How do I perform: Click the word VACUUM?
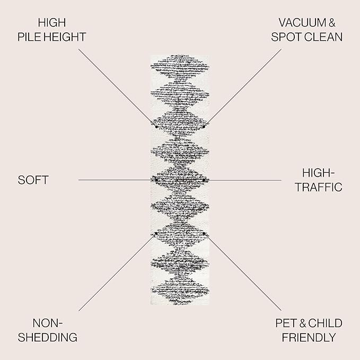pyautogui.click(x=302, y=23)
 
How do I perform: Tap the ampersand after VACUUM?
pyautogui.click(x=332, y=23)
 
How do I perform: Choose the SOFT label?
pyautogui.click(x=33, y=180)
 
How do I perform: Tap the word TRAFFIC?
pyautogui.click(x=319, y=187)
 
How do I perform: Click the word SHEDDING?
pyautogui.click(x=48, y=338)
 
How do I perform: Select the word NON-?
pyautogui.click(x=48, y=323)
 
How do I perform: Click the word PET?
pyautogui.click(x=286, y=323)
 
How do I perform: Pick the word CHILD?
pyautogui.click(x=325, y=323)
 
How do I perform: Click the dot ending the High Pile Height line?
pyautogui.click(x=156, y=127)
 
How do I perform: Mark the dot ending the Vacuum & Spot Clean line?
pyautogui.click(x=204, y=127)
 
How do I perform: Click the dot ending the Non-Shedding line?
pyautogui.click(x=156, y=233)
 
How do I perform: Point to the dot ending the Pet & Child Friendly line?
pyautogui.click(x=204, y=233)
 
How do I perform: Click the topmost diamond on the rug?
pyautogui.click(x=180, y=66)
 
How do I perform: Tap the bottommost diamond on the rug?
pyautogui.click(x=180, y=291)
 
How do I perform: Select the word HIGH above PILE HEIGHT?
pyautogui.click(x=52, y=23)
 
